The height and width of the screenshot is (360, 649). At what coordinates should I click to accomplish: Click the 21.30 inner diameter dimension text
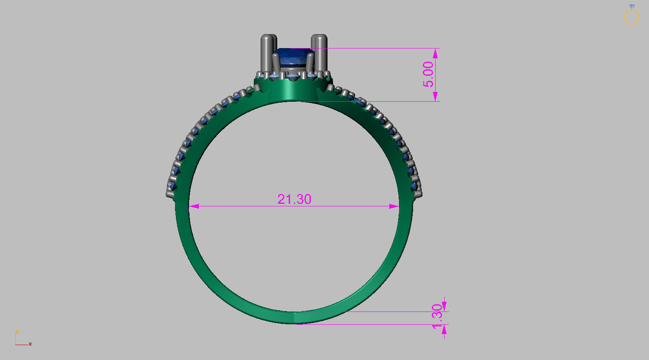[294, 199]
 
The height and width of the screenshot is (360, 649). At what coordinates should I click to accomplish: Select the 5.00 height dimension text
[428, 74]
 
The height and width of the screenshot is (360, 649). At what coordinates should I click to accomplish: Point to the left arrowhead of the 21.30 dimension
[194, 206]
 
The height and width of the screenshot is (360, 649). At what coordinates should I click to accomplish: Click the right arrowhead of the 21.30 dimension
[394, 206]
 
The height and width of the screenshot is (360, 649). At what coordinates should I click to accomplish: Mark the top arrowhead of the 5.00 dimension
[435, 53]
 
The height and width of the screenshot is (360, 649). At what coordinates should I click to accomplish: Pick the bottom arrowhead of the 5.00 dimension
[435, 97]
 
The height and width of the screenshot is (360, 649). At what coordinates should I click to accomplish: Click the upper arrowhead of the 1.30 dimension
[444, 306]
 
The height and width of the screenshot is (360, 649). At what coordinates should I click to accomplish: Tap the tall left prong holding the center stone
[267, 53]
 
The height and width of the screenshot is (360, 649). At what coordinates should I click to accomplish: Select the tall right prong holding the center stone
[320, 53]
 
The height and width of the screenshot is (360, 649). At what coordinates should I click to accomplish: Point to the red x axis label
[30, 344]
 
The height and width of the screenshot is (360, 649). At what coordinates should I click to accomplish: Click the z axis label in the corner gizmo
[17, 331]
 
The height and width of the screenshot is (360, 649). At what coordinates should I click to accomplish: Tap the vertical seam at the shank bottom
[295, 317]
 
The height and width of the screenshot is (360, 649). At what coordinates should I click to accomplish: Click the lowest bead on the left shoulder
[170, 194]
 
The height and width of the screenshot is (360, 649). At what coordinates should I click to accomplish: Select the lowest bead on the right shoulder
[418, 194]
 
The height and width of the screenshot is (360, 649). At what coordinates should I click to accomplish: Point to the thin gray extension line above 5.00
[379, 49]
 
